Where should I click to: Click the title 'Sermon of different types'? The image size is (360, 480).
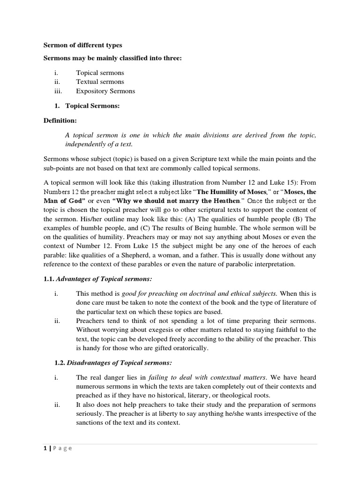(x=82, y=45)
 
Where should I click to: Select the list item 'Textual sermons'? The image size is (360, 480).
(x=100, y=82)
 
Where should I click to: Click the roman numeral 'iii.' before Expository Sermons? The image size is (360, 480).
(x=58, y=91)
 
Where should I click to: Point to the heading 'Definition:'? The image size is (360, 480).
(x=60, y=121)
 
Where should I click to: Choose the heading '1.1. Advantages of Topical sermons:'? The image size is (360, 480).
(x=98, y=279)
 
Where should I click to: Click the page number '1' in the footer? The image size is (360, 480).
(x=45, y=448)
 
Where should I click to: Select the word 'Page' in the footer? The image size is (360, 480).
(x=62, y=448)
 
